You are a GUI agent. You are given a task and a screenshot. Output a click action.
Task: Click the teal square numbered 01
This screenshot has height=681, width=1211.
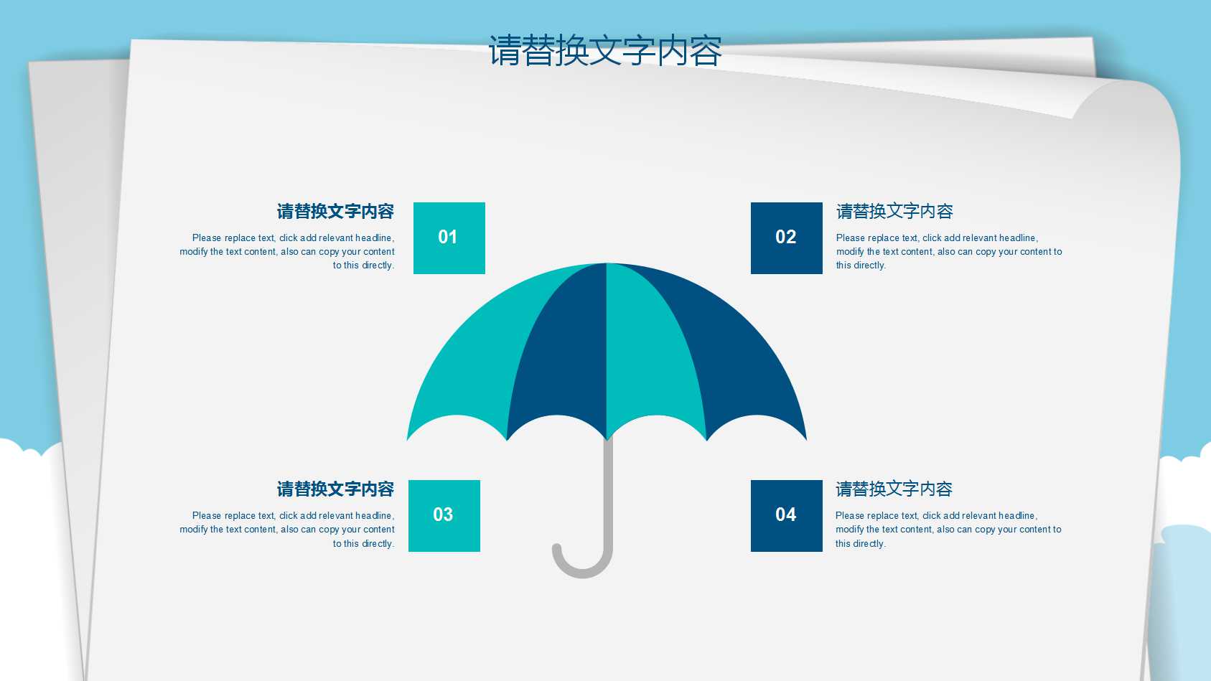(x=449, y=238)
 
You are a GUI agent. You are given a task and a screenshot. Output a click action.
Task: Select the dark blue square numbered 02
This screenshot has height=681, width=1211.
(x=786, y=238)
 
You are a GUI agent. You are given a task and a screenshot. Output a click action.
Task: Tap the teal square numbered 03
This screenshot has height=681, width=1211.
(x=444, y=515)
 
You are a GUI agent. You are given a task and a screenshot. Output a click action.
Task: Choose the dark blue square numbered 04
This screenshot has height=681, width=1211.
(x=786, y=515)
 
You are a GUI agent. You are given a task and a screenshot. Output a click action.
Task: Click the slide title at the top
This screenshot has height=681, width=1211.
(x=605, y=51)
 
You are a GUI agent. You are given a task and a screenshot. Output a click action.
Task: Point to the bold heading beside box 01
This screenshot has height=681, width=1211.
(x=335, y=212)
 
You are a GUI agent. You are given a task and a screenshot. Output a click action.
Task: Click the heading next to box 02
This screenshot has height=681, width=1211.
(x=894, y=212)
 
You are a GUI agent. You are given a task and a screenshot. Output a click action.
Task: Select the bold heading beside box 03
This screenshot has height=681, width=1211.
(x=335, y=489)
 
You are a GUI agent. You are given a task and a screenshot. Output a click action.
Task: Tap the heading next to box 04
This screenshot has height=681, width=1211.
(x=894, y=489)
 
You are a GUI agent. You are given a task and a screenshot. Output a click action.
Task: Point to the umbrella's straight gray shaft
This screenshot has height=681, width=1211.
(x=608, y=488)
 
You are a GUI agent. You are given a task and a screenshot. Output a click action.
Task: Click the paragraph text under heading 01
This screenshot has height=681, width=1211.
(x=287, y=252)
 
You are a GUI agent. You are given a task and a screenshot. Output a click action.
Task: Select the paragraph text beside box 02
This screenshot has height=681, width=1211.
(x=948, y=252)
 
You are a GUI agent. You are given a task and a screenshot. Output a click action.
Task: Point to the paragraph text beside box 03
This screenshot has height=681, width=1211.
(x=287, y=530)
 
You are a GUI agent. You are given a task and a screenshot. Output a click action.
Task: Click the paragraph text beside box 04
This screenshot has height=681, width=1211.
(x=948, y=530)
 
